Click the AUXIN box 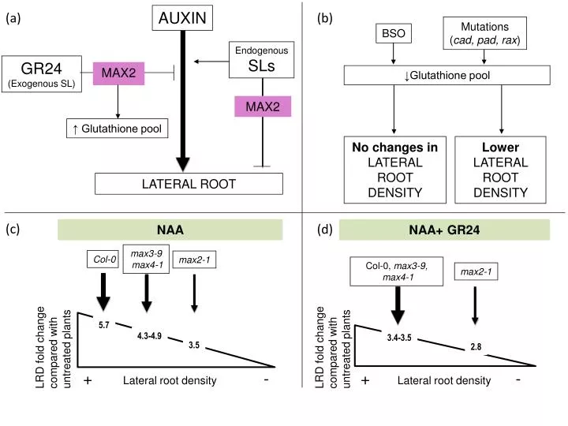pyautogui.click(x=182, y=18)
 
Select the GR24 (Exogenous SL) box pyautogui.click(x=42, y=73)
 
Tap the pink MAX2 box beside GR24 pyautogui.click(x=117, y=73)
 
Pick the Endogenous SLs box pyautogui.click(x=261, y=60)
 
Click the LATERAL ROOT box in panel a pyautogui.click(x=189, y=184)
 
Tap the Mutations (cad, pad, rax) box pyautogui.click(x=484, y=33)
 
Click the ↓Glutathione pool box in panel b pyautogui.click(x=447, y=75)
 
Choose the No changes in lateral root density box pyautogui.click(x=394, y=170)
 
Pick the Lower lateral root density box pyautogui.click(x=500, y=170)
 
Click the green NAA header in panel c pyautogui.click(x=170, y=230)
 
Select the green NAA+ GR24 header pyautogui.click(x=444, y=230)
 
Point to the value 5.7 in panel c pyautogui.click(x=104, y=325)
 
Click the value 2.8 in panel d pyautogui.click(x=476, y=347)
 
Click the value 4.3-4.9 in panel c pyautogui.click(x=149, y=336)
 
